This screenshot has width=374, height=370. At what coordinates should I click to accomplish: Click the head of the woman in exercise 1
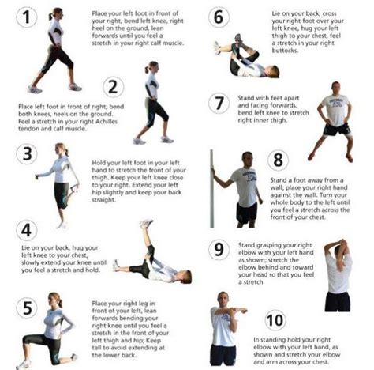pos(54,13)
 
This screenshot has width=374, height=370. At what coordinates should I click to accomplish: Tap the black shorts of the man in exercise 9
pos(338,301)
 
